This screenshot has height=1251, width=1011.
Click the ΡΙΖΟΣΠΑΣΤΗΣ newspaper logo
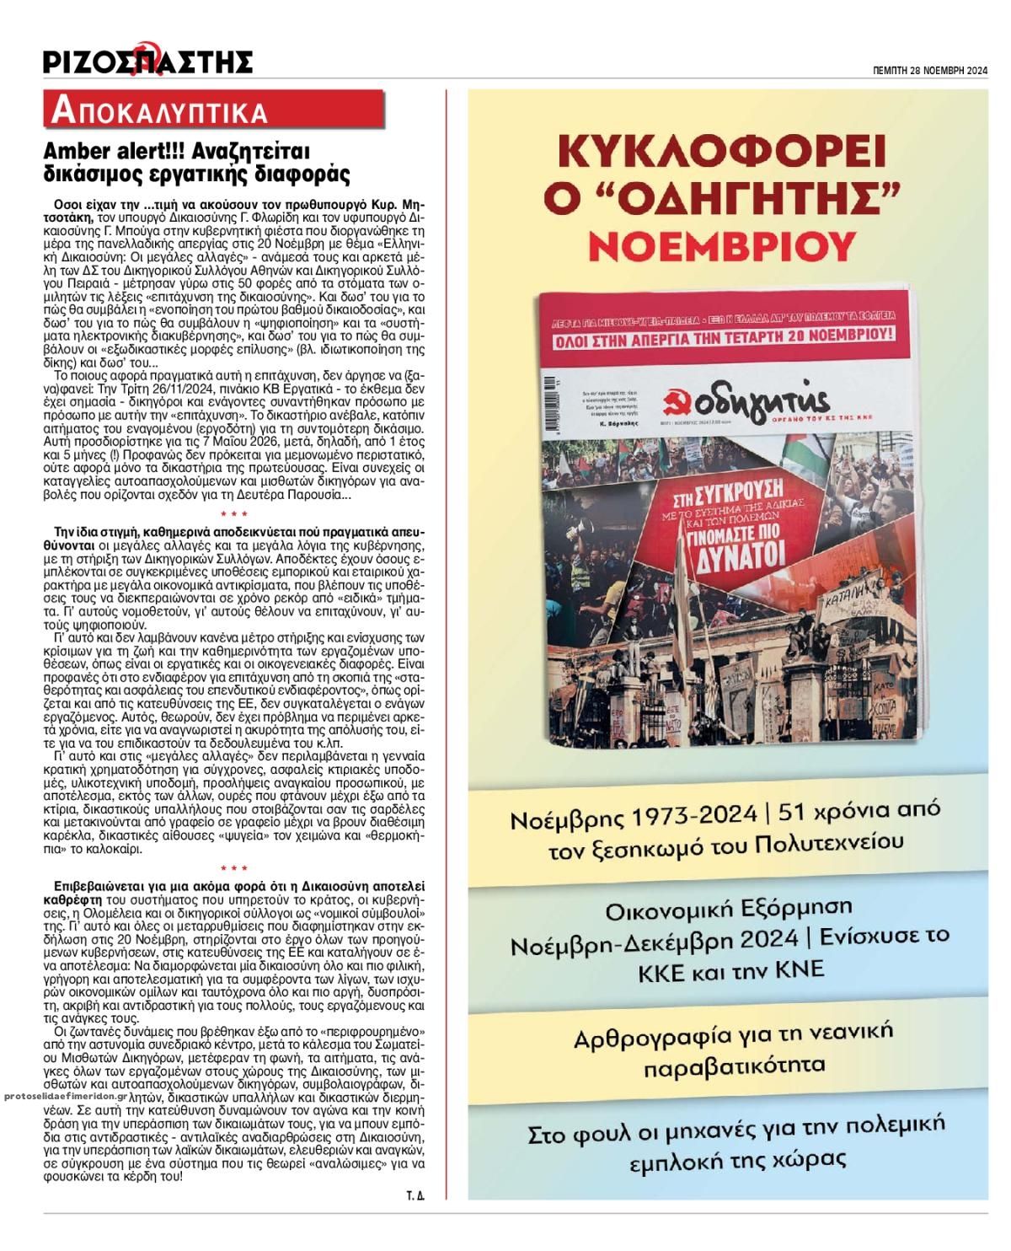pyautogui.click(x=148, y=61)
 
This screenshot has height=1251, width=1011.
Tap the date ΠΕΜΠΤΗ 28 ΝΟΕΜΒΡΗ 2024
pyautogui.click(x=929, y=72)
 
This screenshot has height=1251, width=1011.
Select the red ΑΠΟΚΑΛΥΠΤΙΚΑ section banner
pyautogui.click(x=160, y=110)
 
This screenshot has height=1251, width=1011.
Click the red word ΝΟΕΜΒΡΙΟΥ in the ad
pyautogui.click(x=726, y=245)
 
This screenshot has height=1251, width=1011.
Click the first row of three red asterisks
pyautogui.click(x=233, y=513)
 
